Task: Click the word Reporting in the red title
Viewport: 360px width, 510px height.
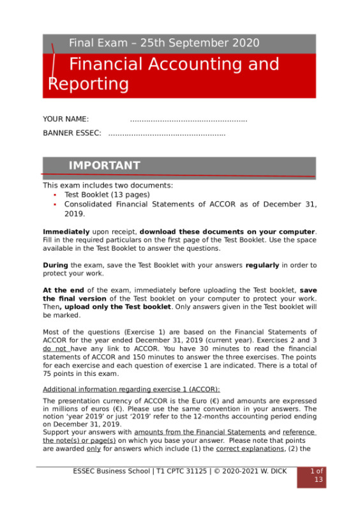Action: [89, 84]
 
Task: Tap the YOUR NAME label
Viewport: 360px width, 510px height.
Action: [66, 119]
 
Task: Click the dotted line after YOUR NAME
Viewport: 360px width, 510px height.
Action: [188, 120]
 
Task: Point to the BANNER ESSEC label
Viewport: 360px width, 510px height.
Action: [71, 133]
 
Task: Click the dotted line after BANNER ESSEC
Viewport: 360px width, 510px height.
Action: [167, 134]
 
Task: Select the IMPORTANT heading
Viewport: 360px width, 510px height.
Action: [104, 166]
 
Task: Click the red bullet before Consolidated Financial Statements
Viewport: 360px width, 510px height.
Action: [55, 205]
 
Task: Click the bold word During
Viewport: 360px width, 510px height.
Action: [55, 264]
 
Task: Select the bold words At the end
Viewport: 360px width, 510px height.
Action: [62, 290]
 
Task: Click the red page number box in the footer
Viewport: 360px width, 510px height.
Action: [317, 476]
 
